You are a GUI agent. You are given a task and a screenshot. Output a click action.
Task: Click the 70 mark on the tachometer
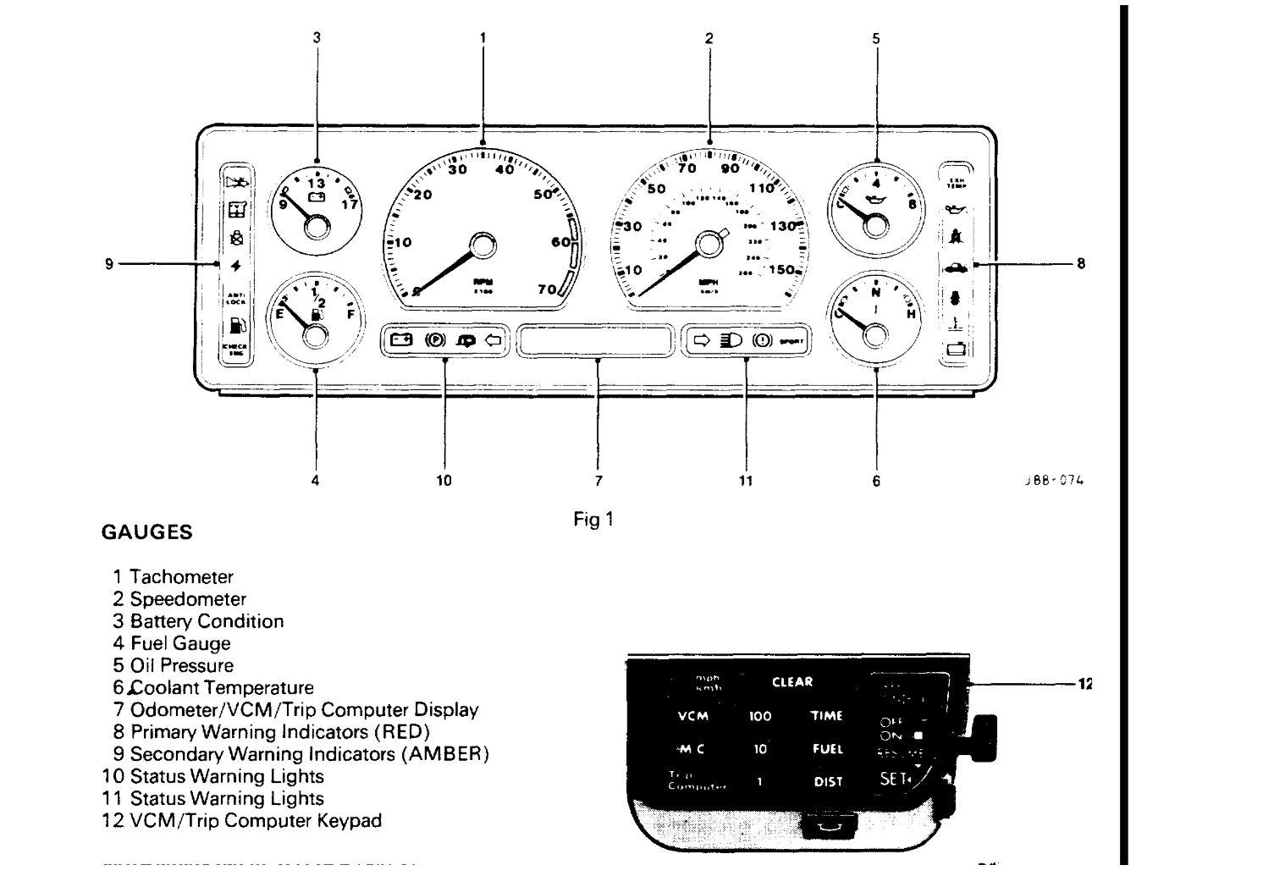click(547, 289)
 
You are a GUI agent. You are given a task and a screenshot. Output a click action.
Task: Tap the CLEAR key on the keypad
click(792, 682)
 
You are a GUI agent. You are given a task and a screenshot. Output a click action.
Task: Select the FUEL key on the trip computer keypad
click(828, 749)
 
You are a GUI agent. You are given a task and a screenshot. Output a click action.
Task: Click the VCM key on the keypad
click(693, 716)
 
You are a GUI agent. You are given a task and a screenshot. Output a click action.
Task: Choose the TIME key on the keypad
click(827, 716)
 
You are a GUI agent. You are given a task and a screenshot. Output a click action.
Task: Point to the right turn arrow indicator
click(702, 340)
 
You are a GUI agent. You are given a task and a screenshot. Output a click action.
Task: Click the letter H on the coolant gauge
click(912, 314)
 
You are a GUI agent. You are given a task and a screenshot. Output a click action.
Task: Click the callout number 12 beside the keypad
click(1084, 683)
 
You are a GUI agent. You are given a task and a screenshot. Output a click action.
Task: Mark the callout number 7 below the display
click(598, 481)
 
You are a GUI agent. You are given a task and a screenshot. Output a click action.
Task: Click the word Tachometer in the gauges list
click(181, 577)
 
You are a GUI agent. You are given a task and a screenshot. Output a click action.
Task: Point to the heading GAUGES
click(146, 533)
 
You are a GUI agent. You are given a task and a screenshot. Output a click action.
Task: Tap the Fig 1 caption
click(593, 520)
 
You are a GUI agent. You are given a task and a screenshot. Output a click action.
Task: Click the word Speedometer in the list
click(188, 599)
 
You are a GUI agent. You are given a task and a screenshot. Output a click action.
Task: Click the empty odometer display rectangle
click(598, 340)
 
